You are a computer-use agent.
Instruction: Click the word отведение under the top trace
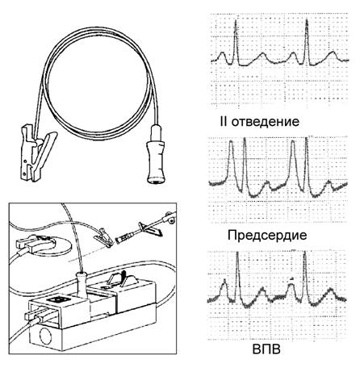coord(266,122)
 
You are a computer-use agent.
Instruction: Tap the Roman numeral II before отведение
coord(224,121)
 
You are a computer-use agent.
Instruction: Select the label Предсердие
coord(267,236)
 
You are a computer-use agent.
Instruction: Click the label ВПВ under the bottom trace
coord(266,349)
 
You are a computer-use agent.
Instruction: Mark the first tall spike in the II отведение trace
coord(236,42)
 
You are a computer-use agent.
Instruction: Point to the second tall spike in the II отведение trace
coord(307,42)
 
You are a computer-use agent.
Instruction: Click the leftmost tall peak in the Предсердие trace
coord(231,161)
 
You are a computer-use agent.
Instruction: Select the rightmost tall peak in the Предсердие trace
coord(307,164)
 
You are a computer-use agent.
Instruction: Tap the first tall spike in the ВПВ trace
coord(237,274)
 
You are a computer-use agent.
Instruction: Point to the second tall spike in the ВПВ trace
coord(304,274)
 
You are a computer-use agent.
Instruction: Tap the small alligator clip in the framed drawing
coord(103,237)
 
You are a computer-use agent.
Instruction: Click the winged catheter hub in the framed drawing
coord(149,229)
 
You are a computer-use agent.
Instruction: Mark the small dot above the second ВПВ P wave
coord(291,279)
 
